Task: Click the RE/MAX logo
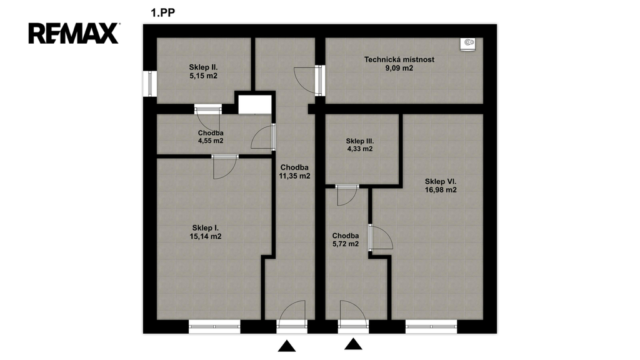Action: click(x=74, y=34)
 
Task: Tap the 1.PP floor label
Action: click(x=163, y=12)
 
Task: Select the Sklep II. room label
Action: click(x=203, y=67)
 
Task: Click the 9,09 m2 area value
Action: click(x=399, y=68)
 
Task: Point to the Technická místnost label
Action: click(x=399, y=59)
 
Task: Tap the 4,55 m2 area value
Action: click(x=211, y=141)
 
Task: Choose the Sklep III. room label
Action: click(x=360, y=141)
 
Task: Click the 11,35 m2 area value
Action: click(x=294, y=176)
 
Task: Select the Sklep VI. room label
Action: click(x=441, y=182)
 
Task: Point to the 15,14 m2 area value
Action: click(x=205, y=236)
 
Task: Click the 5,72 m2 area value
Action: click(x=345, y=244)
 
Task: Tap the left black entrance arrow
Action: click(x=287, y=346)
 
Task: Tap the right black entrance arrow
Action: click(x=353, y=344)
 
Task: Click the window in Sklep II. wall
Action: click(x=150, y=84)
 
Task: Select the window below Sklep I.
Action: click(x=214, y=326)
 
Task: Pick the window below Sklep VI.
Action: click(x=431, y=326)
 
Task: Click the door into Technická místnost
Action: click(x=321, y=81)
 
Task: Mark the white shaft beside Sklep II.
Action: click(x=255, y=104)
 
